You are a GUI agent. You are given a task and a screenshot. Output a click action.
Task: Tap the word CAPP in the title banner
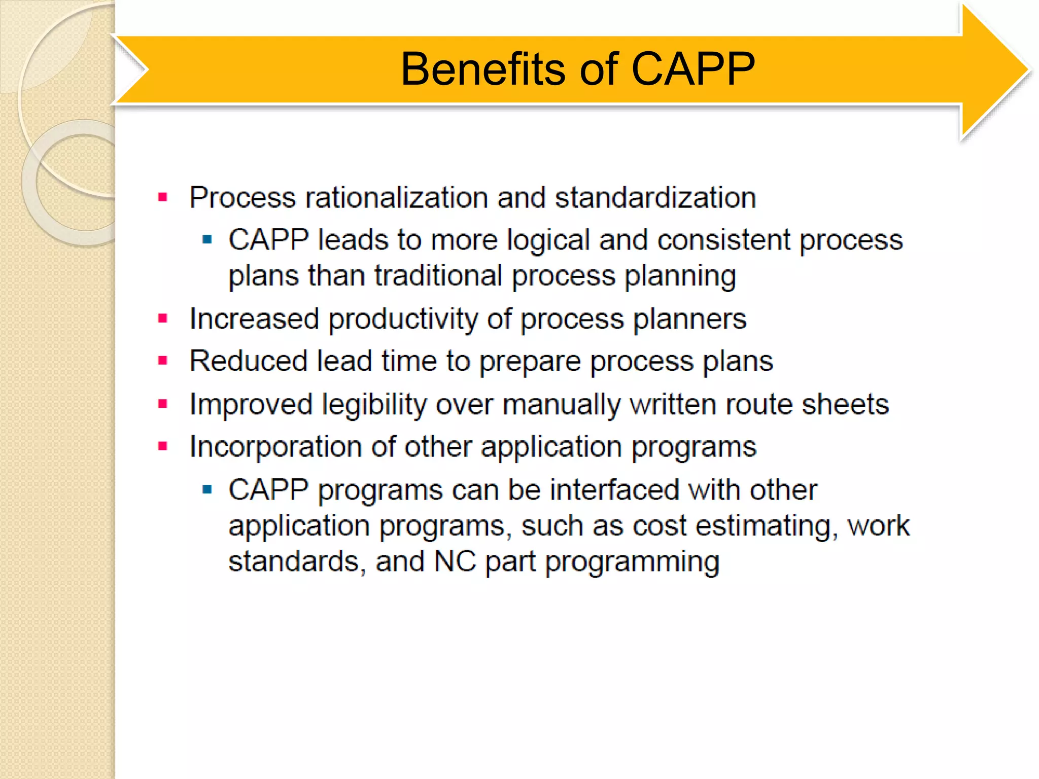692,69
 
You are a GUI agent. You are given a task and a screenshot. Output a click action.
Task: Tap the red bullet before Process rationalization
163,197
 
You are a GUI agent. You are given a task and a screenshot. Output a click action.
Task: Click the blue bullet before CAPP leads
206,239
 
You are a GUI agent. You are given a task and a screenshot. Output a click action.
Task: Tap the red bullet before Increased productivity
163,319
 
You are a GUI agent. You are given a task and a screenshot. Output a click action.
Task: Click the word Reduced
248,362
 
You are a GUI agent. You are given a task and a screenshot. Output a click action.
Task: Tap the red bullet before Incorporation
163,447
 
